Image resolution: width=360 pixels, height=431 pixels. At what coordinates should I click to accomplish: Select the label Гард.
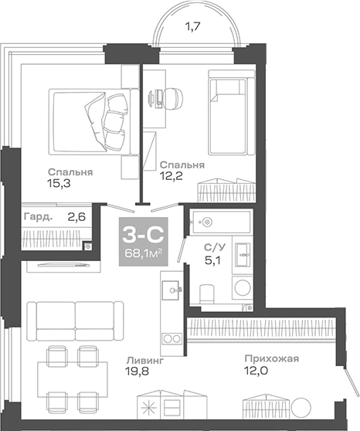click(38, 217)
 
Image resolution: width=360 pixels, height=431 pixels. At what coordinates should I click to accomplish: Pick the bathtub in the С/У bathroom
click(220, 222)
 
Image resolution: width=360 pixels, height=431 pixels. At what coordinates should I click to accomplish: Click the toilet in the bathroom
click(207, 294)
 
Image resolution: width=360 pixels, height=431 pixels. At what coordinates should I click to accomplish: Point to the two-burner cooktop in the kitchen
click(171, 339)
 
